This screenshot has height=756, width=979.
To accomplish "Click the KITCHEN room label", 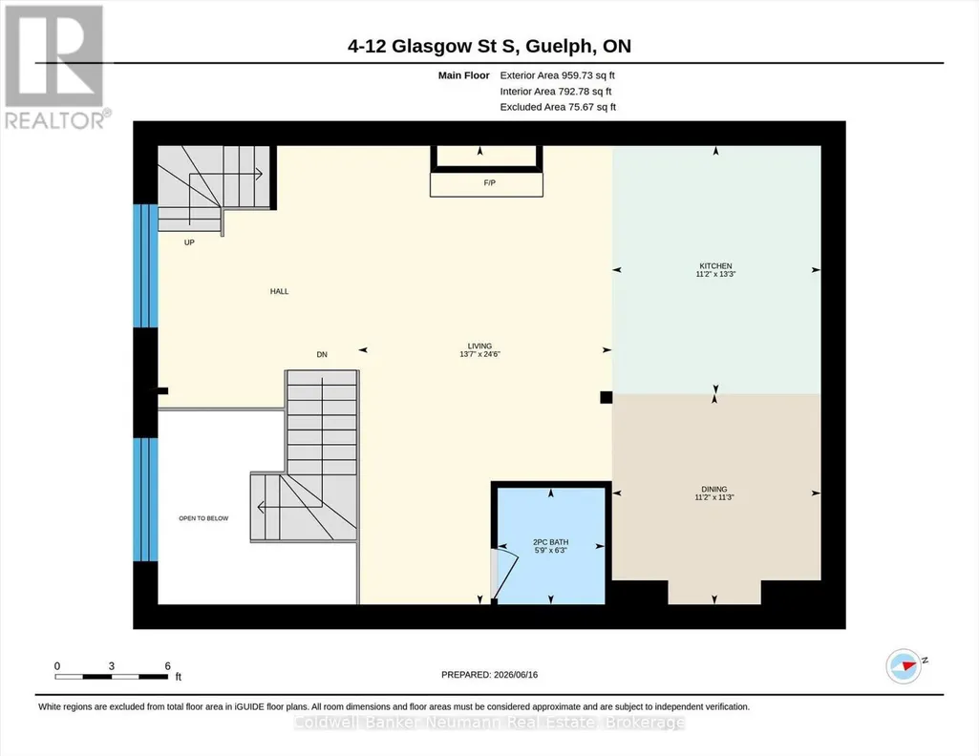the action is point(715,265).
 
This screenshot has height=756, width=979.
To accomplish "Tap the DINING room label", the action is point(713,489).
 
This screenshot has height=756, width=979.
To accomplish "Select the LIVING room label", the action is point(479,346).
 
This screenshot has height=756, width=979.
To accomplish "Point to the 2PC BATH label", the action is point(551,542).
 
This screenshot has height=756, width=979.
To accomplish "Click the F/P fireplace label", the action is point(489,182).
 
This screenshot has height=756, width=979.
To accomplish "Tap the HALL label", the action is point(279,291).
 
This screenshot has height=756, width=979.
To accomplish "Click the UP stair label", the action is point(189,242).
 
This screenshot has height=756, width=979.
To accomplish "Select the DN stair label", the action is point(322,354).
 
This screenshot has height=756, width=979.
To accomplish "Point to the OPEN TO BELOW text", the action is point(203,518).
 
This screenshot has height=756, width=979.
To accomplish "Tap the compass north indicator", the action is point(905,666).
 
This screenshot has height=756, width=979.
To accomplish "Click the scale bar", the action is point(111,677).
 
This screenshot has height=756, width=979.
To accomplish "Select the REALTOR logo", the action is point(55,68).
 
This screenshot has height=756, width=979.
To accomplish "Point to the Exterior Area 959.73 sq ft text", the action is point(557,75).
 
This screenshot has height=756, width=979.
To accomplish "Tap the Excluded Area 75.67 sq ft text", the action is point(558,107).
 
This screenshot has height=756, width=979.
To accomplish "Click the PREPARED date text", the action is point(489,675).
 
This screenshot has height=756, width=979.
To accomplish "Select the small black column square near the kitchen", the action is point(606,397).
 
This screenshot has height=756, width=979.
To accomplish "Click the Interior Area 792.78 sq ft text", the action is point(556,92).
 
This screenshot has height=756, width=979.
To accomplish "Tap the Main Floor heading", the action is point(463,75).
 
